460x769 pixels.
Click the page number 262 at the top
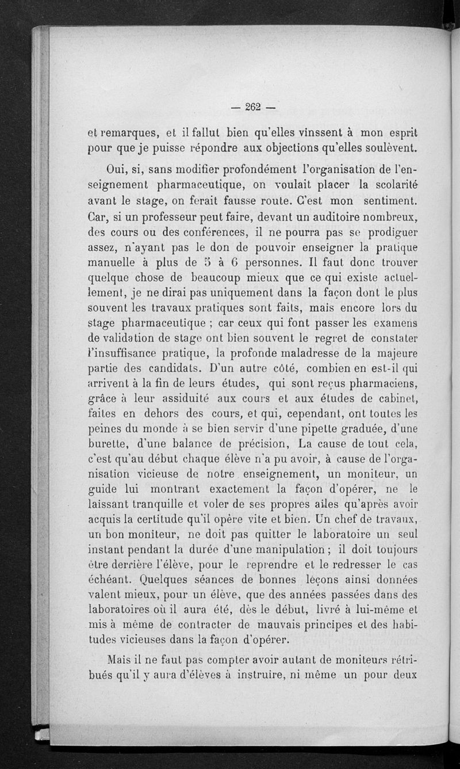tap(253, 106)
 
